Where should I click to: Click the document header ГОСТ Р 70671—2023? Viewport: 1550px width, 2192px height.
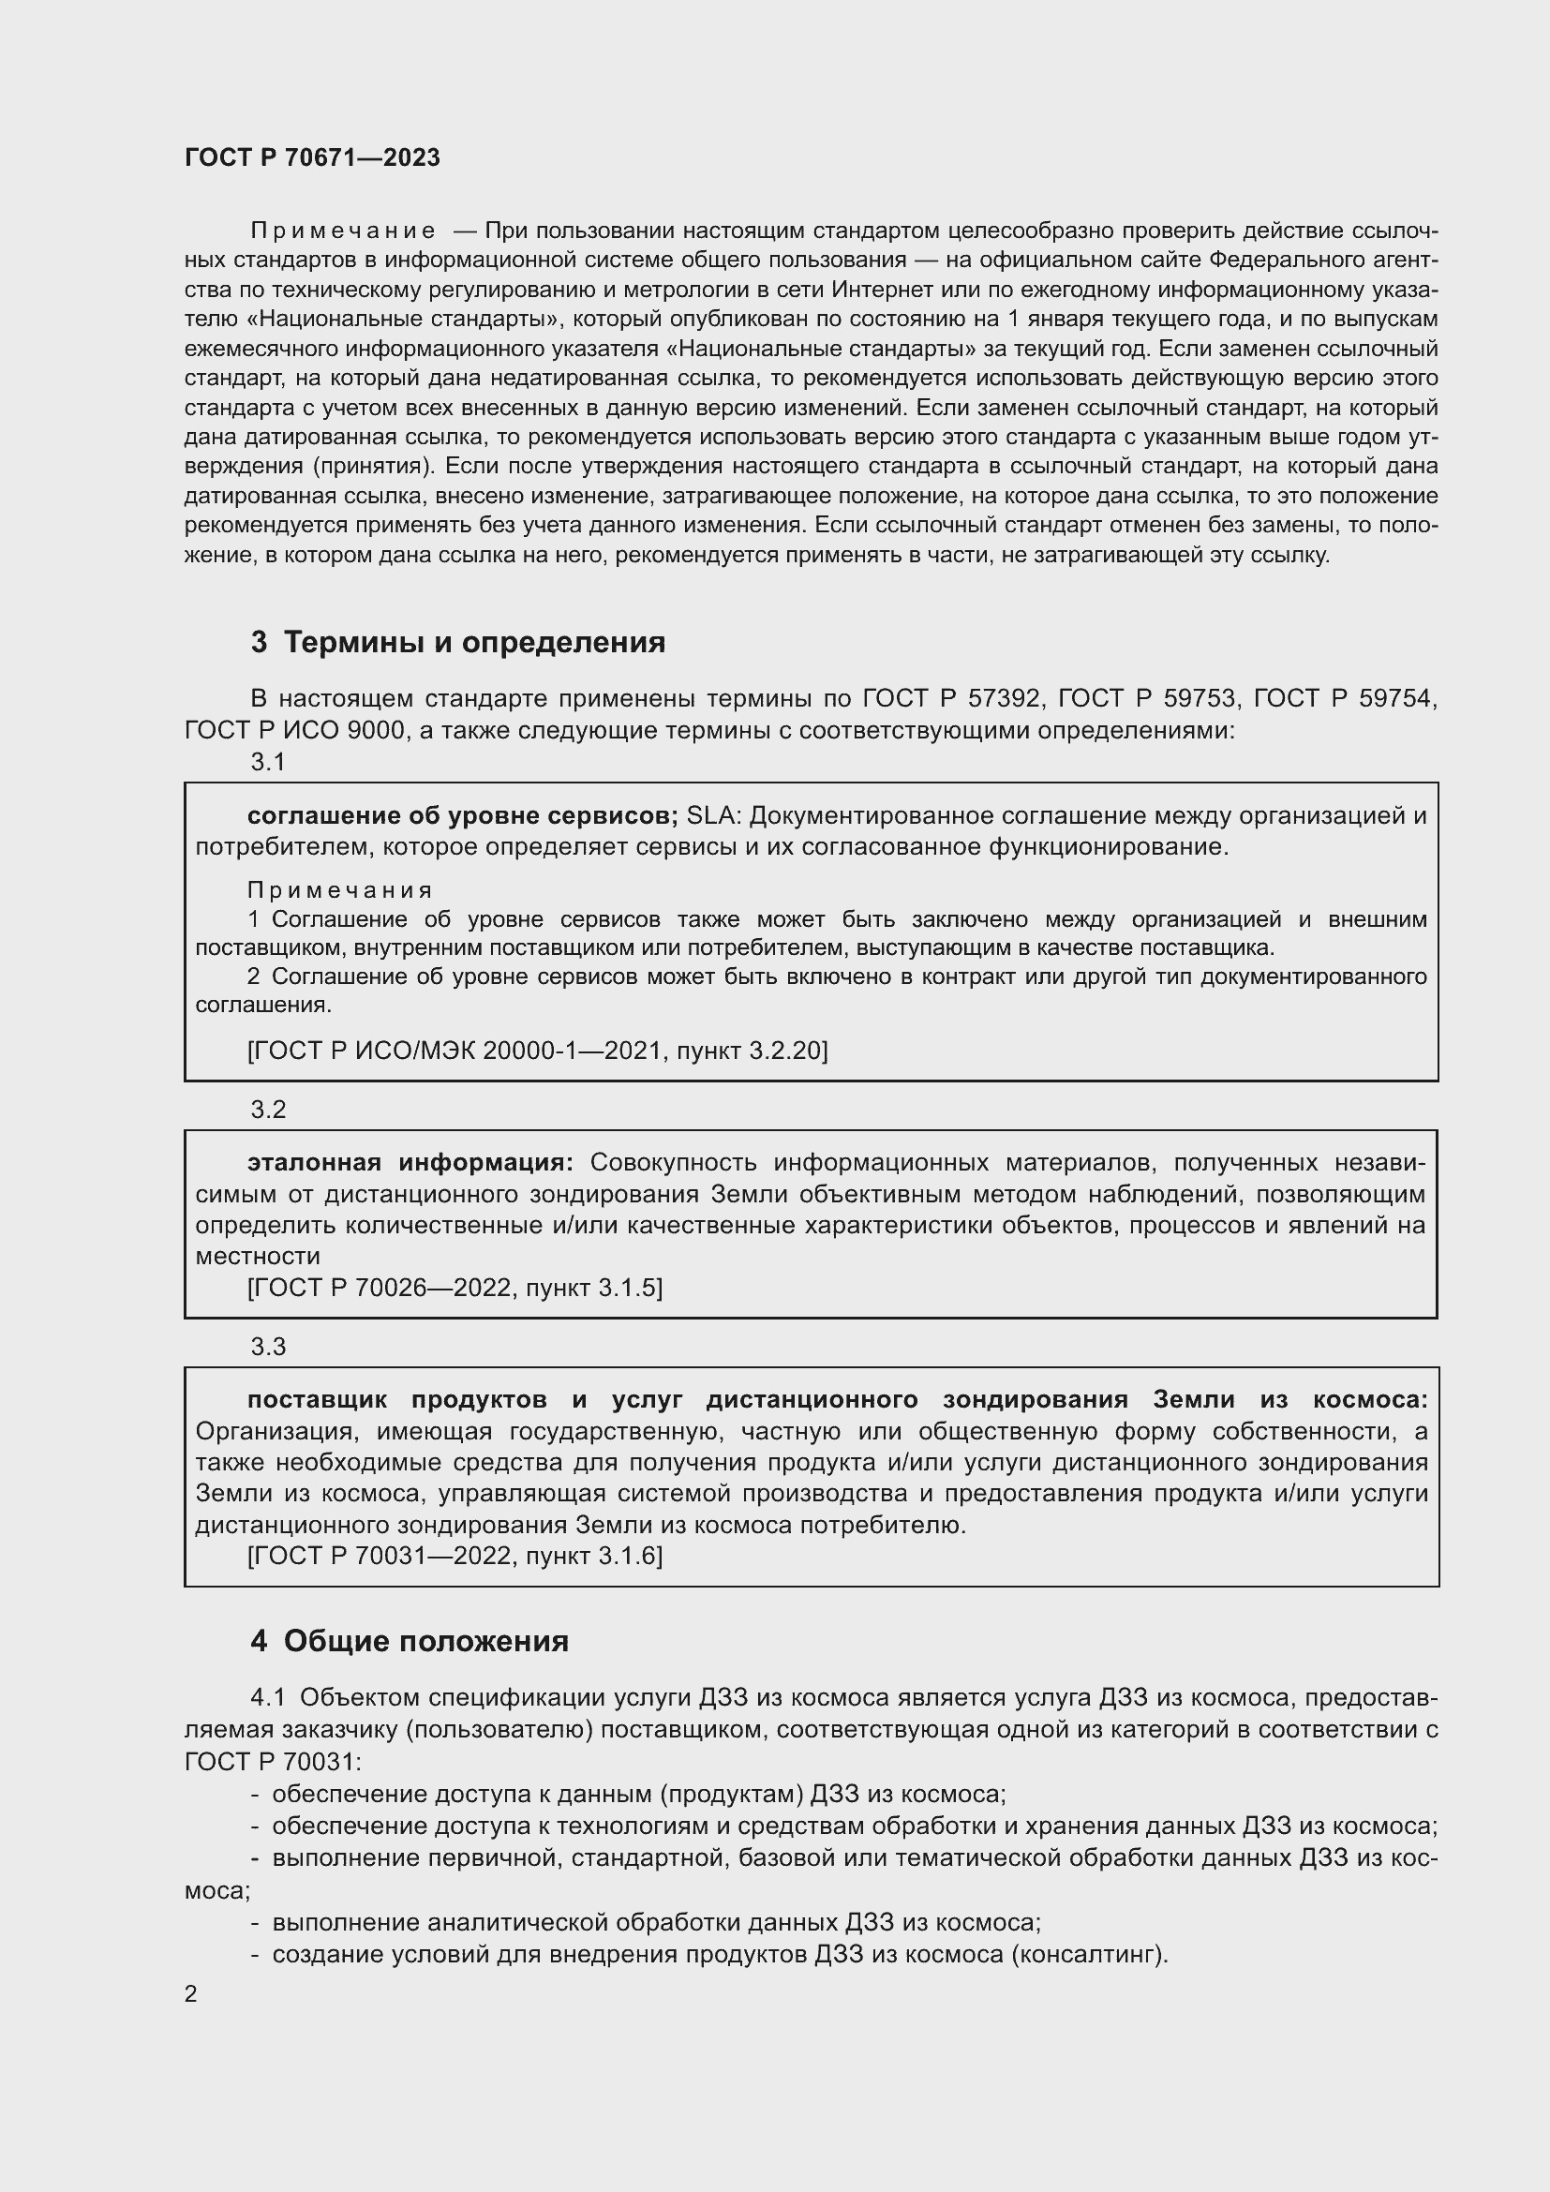312,157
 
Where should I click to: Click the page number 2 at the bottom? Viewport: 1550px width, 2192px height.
191,1994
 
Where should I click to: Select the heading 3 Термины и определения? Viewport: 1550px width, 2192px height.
458,643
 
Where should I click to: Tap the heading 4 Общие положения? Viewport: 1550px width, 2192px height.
410,1641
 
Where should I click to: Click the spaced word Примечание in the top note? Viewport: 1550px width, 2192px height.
343,231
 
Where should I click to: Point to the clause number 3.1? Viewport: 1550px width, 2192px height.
268,762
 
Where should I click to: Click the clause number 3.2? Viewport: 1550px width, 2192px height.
268,1110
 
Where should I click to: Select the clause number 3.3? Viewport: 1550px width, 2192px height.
268,1346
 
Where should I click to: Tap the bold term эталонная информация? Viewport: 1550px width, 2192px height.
410,1162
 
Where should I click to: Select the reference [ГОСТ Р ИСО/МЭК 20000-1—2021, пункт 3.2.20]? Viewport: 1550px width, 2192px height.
537,1051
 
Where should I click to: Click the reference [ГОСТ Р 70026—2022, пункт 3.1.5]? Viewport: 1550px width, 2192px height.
455,1288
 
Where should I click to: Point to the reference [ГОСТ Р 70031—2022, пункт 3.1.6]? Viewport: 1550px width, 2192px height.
455,1557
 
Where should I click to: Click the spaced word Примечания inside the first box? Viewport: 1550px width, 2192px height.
340,889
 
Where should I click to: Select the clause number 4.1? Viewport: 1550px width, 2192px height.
268,1697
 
